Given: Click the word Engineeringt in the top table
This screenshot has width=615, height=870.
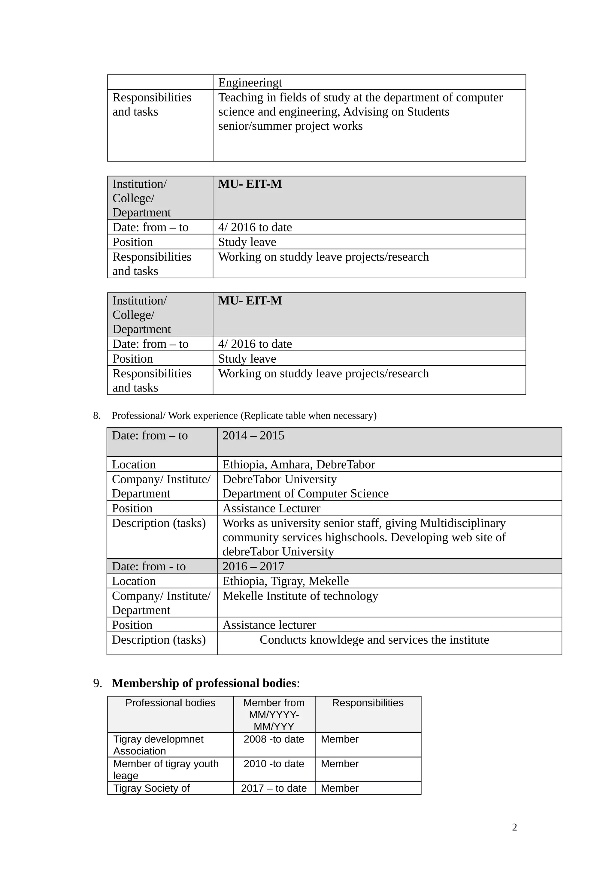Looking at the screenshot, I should [250, 83].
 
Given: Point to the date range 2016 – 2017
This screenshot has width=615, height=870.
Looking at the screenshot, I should [253, 566].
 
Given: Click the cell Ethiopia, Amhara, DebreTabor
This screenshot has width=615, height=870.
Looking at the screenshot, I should [298, 464].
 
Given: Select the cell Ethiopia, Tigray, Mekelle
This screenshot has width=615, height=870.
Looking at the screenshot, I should [285, 581].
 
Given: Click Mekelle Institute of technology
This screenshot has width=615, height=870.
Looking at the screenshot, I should [300, 596].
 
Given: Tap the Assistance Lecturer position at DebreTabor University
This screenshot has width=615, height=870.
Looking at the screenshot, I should [271, 508].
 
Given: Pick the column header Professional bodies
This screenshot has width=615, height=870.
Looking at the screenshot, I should [170, 702].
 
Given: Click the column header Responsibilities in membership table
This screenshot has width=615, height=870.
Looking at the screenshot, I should [368, 702].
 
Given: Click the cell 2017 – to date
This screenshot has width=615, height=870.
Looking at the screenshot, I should [274, 788].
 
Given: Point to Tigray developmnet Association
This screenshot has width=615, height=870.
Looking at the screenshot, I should [158, 745].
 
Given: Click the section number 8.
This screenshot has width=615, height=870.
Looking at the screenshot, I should [97, 416].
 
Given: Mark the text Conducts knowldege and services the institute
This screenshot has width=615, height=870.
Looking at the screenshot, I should [374, 640].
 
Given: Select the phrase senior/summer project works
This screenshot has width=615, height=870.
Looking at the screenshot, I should [290, 126].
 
